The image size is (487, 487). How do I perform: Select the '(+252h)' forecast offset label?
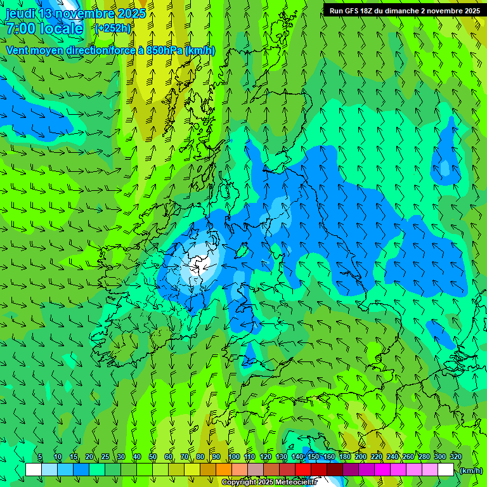[x=113, y=29]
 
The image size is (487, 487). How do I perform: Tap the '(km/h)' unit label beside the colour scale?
[x=471, y=471]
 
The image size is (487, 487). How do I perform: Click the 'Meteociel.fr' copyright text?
[x=295, y=483]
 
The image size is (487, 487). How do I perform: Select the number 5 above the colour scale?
[x=40, y=457]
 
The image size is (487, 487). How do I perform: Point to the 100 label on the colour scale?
[x=234, y=457]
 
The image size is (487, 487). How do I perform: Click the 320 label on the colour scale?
[x=455, y=457]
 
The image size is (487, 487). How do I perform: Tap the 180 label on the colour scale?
[x=344, y=457]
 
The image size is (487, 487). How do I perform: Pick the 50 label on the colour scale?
[x=153, y=457]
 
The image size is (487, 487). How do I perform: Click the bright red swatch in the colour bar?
[x=302, y=470]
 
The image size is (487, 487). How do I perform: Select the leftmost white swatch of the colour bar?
[x=34, y=470]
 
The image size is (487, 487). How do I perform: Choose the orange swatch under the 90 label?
[x=223, y=470]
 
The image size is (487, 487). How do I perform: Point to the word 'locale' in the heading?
[x=62, y=29]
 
